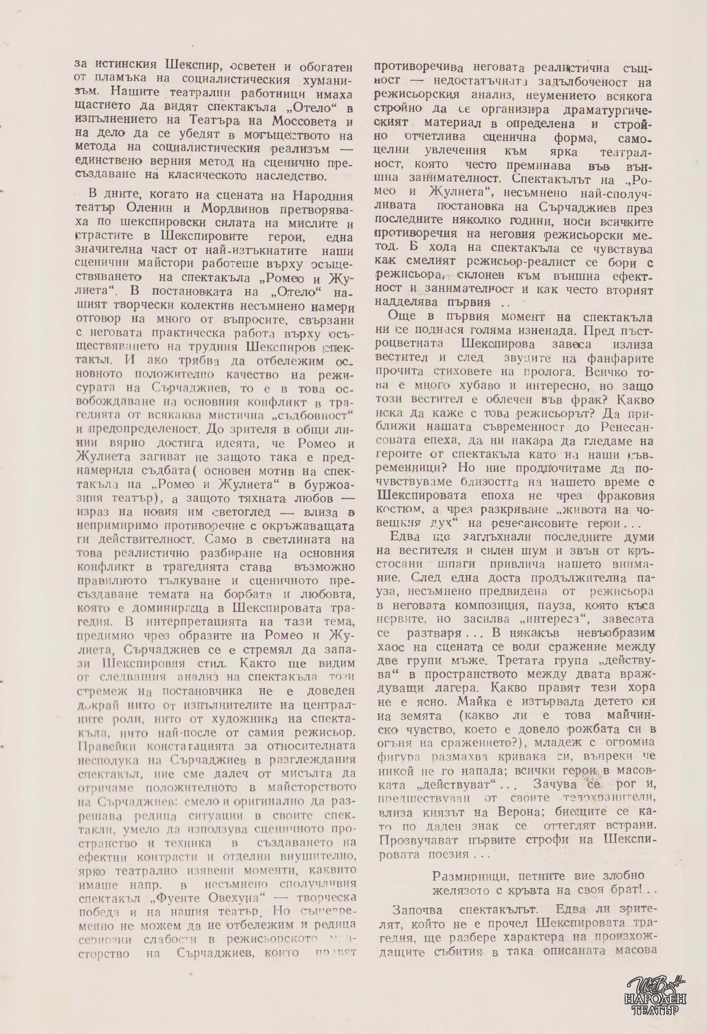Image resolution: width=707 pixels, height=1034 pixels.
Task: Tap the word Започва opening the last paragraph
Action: point(419,897)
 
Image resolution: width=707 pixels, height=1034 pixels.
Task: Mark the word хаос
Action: point(391,646)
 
